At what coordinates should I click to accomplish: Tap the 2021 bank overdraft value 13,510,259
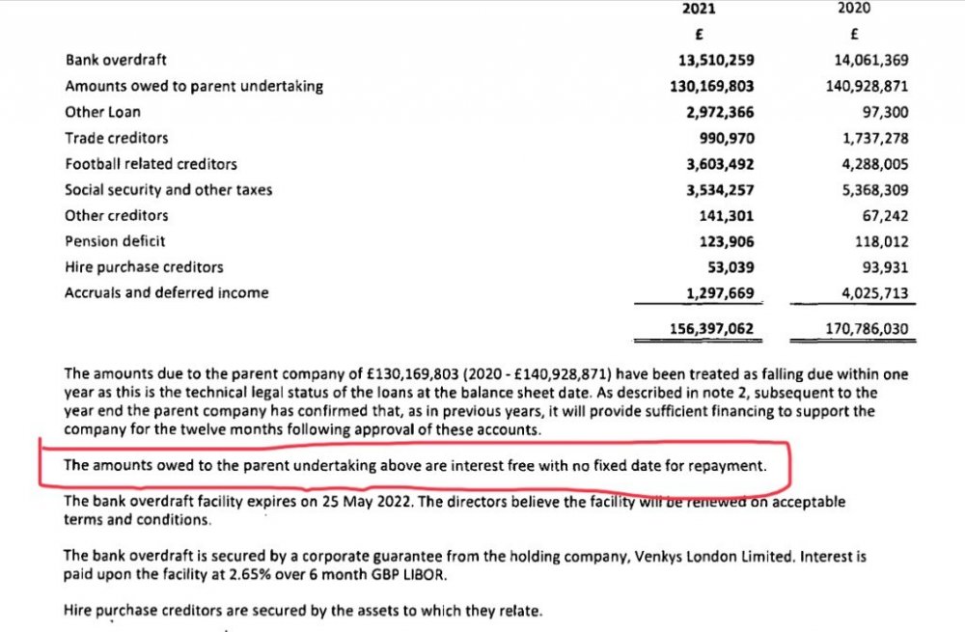[x=711, y=60]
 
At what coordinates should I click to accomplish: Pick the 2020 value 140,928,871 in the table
[x=867, y=86]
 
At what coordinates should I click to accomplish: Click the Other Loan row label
[x=102, y=112]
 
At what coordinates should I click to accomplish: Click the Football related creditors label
[x=151, y=164]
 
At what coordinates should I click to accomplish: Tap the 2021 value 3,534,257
[x=715, y=190]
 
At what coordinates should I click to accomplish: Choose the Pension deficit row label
[x=115, y=241]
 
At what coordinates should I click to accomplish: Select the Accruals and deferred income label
[x=166, y=292]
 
